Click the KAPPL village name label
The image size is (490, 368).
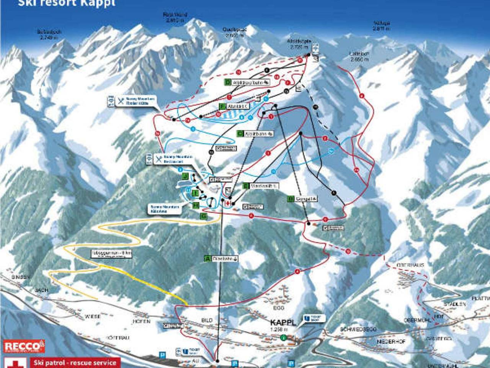pos(283,322)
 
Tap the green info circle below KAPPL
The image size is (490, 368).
pos(283,338)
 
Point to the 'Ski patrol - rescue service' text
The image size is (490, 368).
pos(75,363)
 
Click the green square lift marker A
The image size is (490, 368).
pos(208,259)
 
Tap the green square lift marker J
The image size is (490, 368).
pos(186,176)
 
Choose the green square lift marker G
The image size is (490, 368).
pos(204,217)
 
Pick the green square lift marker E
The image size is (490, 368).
pos(246,186)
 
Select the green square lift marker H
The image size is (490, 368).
pos(196,206)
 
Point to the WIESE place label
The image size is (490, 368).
pos(93,316)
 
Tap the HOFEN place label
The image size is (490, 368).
pos(141,321)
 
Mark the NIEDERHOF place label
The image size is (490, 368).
pos(391,341)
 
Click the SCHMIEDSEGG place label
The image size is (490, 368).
pos(358,330)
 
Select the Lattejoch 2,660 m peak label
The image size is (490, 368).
pos(359,57)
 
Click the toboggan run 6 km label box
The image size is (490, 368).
pos(111,254)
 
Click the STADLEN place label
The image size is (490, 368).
pos(454,304)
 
